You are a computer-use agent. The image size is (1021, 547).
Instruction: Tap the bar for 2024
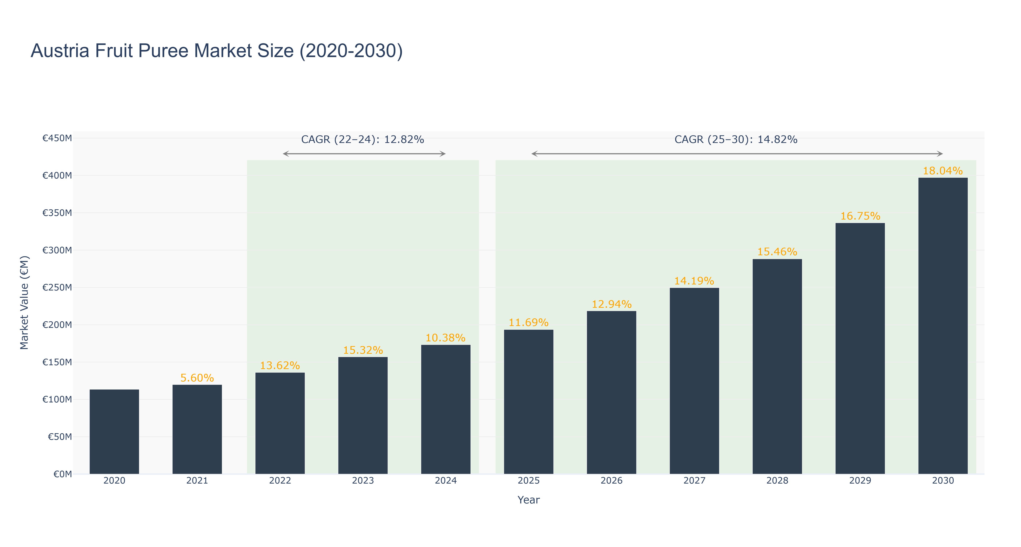(x=446, y=410)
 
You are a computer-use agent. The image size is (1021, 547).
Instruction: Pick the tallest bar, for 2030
(x=943, y=326)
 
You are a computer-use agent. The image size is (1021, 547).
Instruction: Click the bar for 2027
(x=694, y=381)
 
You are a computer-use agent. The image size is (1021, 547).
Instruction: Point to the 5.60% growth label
(x=197, y=378)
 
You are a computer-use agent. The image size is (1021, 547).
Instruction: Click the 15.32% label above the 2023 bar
(x=363, y=350)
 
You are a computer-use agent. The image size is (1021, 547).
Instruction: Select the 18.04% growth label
(x=943, y=171)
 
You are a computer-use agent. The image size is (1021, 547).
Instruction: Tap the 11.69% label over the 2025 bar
(x=529, y=323)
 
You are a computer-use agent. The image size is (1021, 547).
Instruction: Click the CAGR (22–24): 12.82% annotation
(x=363, y=139)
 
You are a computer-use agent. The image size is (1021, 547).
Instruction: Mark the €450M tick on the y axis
(x=57, y=138)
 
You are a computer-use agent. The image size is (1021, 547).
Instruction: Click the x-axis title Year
(x=529, y=500)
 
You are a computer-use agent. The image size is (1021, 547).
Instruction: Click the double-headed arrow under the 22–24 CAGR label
(x=364, y=154)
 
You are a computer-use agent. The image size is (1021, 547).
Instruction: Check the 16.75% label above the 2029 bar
(x=860, y=216)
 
